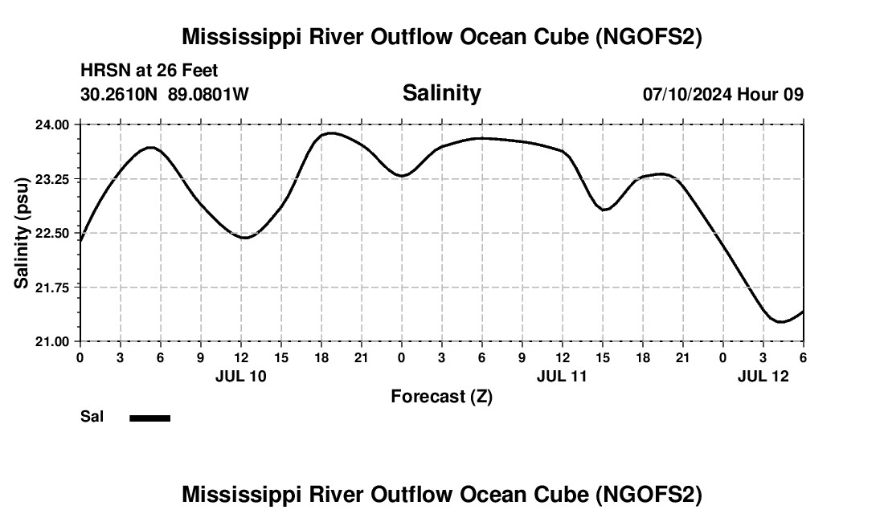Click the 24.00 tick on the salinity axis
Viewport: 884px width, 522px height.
tap(53, 124)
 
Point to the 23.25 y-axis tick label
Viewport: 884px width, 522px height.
tap(53, 179)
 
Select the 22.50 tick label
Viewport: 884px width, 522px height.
tap(53, 233)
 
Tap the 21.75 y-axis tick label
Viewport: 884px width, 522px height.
tap(53, 288)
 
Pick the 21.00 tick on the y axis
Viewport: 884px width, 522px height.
tap(53, 341)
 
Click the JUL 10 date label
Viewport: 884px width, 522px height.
tap(241, 376)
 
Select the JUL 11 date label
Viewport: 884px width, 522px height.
tap(563, 376)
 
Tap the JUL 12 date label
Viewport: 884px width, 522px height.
tap(763, 376)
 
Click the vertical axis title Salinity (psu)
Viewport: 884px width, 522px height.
tap(22, 233)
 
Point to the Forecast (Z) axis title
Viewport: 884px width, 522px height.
tap(441, 396)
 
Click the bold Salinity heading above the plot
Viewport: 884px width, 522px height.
tap(441, 93)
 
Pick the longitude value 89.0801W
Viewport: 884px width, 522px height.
tap(208, 94)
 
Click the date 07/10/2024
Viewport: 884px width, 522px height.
tap(687, 94)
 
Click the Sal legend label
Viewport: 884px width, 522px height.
tap(92, 417)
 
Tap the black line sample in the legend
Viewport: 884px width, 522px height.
tap(149, 418)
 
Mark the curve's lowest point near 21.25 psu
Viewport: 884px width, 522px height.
tap(780, 322)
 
